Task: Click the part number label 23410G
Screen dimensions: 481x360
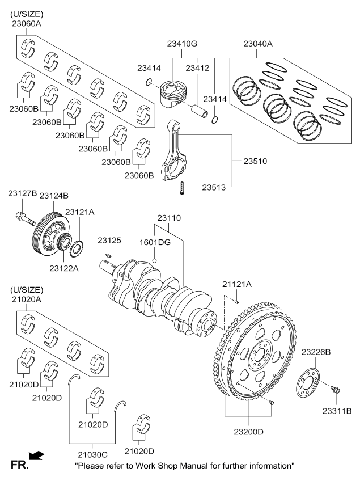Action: click(x=182, y=43)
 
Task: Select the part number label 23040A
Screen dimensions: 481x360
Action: click(x=258, y=44)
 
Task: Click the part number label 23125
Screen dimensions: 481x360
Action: click(x=109, y=241)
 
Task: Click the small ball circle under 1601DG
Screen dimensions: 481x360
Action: click(x=154, y=260)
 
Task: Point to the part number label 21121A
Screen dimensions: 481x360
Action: click(x=237, y=284)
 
